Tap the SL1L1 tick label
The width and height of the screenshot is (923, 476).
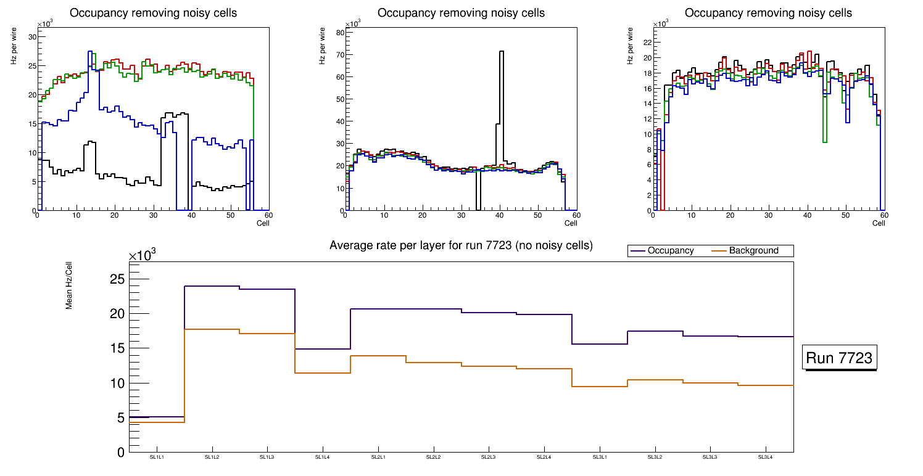(x=157, y=457)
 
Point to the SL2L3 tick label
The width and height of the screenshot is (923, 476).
(x=489, y=457)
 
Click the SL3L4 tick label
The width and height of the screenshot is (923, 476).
(x=765, y=457)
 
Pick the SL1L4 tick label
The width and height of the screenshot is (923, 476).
(x=323, y=457)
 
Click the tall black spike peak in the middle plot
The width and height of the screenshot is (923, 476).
(x=502, y=52)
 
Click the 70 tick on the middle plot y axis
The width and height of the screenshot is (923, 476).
(x=339, y=55)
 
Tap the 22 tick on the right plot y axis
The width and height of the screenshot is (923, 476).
(x=647, y=43)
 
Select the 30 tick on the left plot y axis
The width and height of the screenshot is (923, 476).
(x=32, y=37)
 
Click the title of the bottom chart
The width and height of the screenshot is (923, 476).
(x=461, y=245)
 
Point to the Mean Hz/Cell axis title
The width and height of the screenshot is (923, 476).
(x=69, y=287)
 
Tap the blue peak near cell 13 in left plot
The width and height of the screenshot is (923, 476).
(x=90, y=52)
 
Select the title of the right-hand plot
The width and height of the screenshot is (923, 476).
(x=768, y=13)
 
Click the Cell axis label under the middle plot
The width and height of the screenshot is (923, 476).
(x=570, y=223)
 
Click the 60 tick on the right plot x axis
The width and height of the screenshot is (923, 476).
(x=884, y=216)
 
